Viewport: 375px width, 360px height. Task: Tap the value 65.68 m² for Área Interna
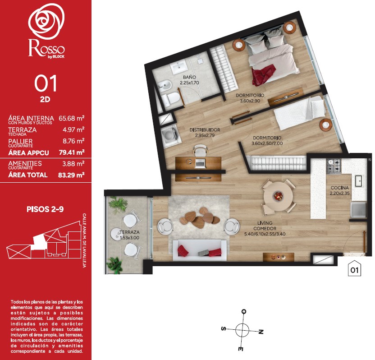pos(72,118)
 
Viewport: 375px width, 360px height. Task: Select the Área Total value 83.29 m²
pos(71,175)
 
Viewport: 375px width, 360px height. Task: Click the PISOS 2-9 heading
pos(45,209)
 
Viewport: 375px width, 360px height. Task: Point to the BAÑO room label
pos(189,77)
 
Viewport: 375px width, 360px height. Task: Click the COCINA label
pos(339,188)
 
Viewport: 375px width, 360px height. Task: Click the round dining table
pos(278,196)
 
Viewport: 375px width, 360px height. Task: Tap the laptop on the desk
pos(201,162)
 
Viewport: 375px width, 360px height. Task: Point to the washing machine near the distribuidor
pos(169,135)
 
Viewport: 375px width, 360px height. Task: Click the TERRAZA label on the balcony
pos(130,232)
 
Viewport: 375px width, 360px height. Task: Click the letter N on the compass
pos(261,332)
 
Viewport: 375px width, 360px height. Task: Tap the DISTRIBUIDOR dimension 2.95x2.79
pos(205,135)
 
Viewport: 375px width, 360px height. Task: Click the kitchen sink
pos(358,181)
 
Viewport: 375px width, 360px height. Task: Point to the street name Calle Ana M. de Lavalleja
pos(84,240)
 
